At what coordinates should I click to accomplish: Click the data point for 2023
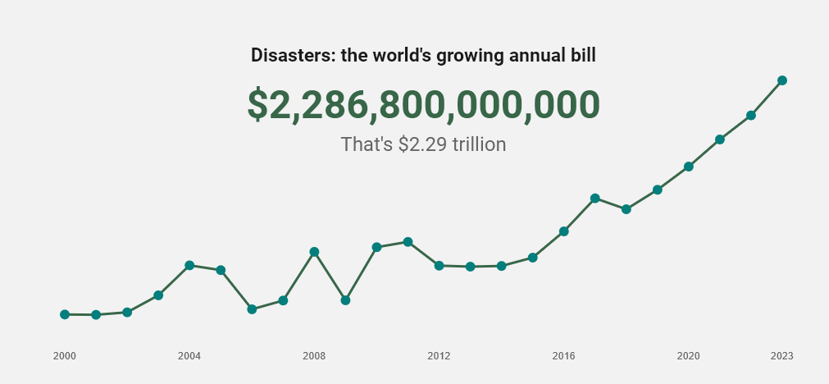(782, 80)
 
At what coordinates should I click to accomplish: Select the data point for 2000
(65, 314)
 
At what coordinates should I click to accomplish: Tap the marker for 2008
(314, 252)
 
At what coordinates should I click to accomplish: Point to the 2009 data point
(345, 300)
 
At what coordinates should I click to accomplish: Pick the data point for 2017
(595, 199)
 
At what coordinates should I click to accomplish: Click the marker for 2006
(252, 309)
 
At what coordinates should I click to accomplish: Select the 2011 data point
(408, 242)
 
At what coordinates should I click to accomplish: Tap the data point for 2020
(689, 167)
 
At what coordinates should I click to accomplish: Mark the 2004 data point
(189, 265)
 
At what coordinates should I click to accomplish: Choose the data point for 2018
(626, 209)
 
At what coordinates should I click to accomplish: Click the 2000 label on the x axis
(65, 356)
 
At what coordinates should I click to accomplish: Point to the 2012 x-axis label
(439, 356)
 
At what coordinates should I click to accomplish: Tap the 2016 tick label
(563, 356)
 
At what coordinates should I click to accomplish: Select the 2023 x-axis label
(782, 356)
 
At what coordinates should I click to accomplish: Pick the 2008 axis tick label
(314, 356)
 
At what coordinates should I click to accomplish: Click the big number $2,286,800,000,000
(423, 105)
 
